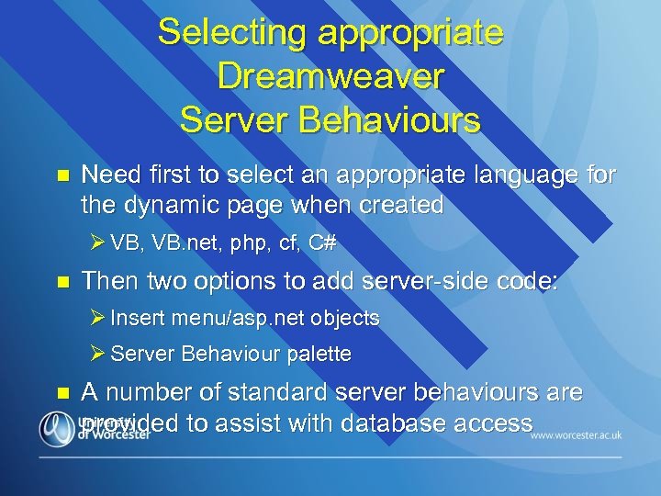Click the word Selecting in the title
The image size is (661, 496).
click(232, 33)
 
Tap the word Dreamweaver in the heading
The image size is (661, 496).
click(330, 76)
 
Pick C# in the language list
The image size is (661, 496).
click(322, 243)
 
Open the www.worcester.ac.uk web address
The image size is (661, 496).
click(577, 434)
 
